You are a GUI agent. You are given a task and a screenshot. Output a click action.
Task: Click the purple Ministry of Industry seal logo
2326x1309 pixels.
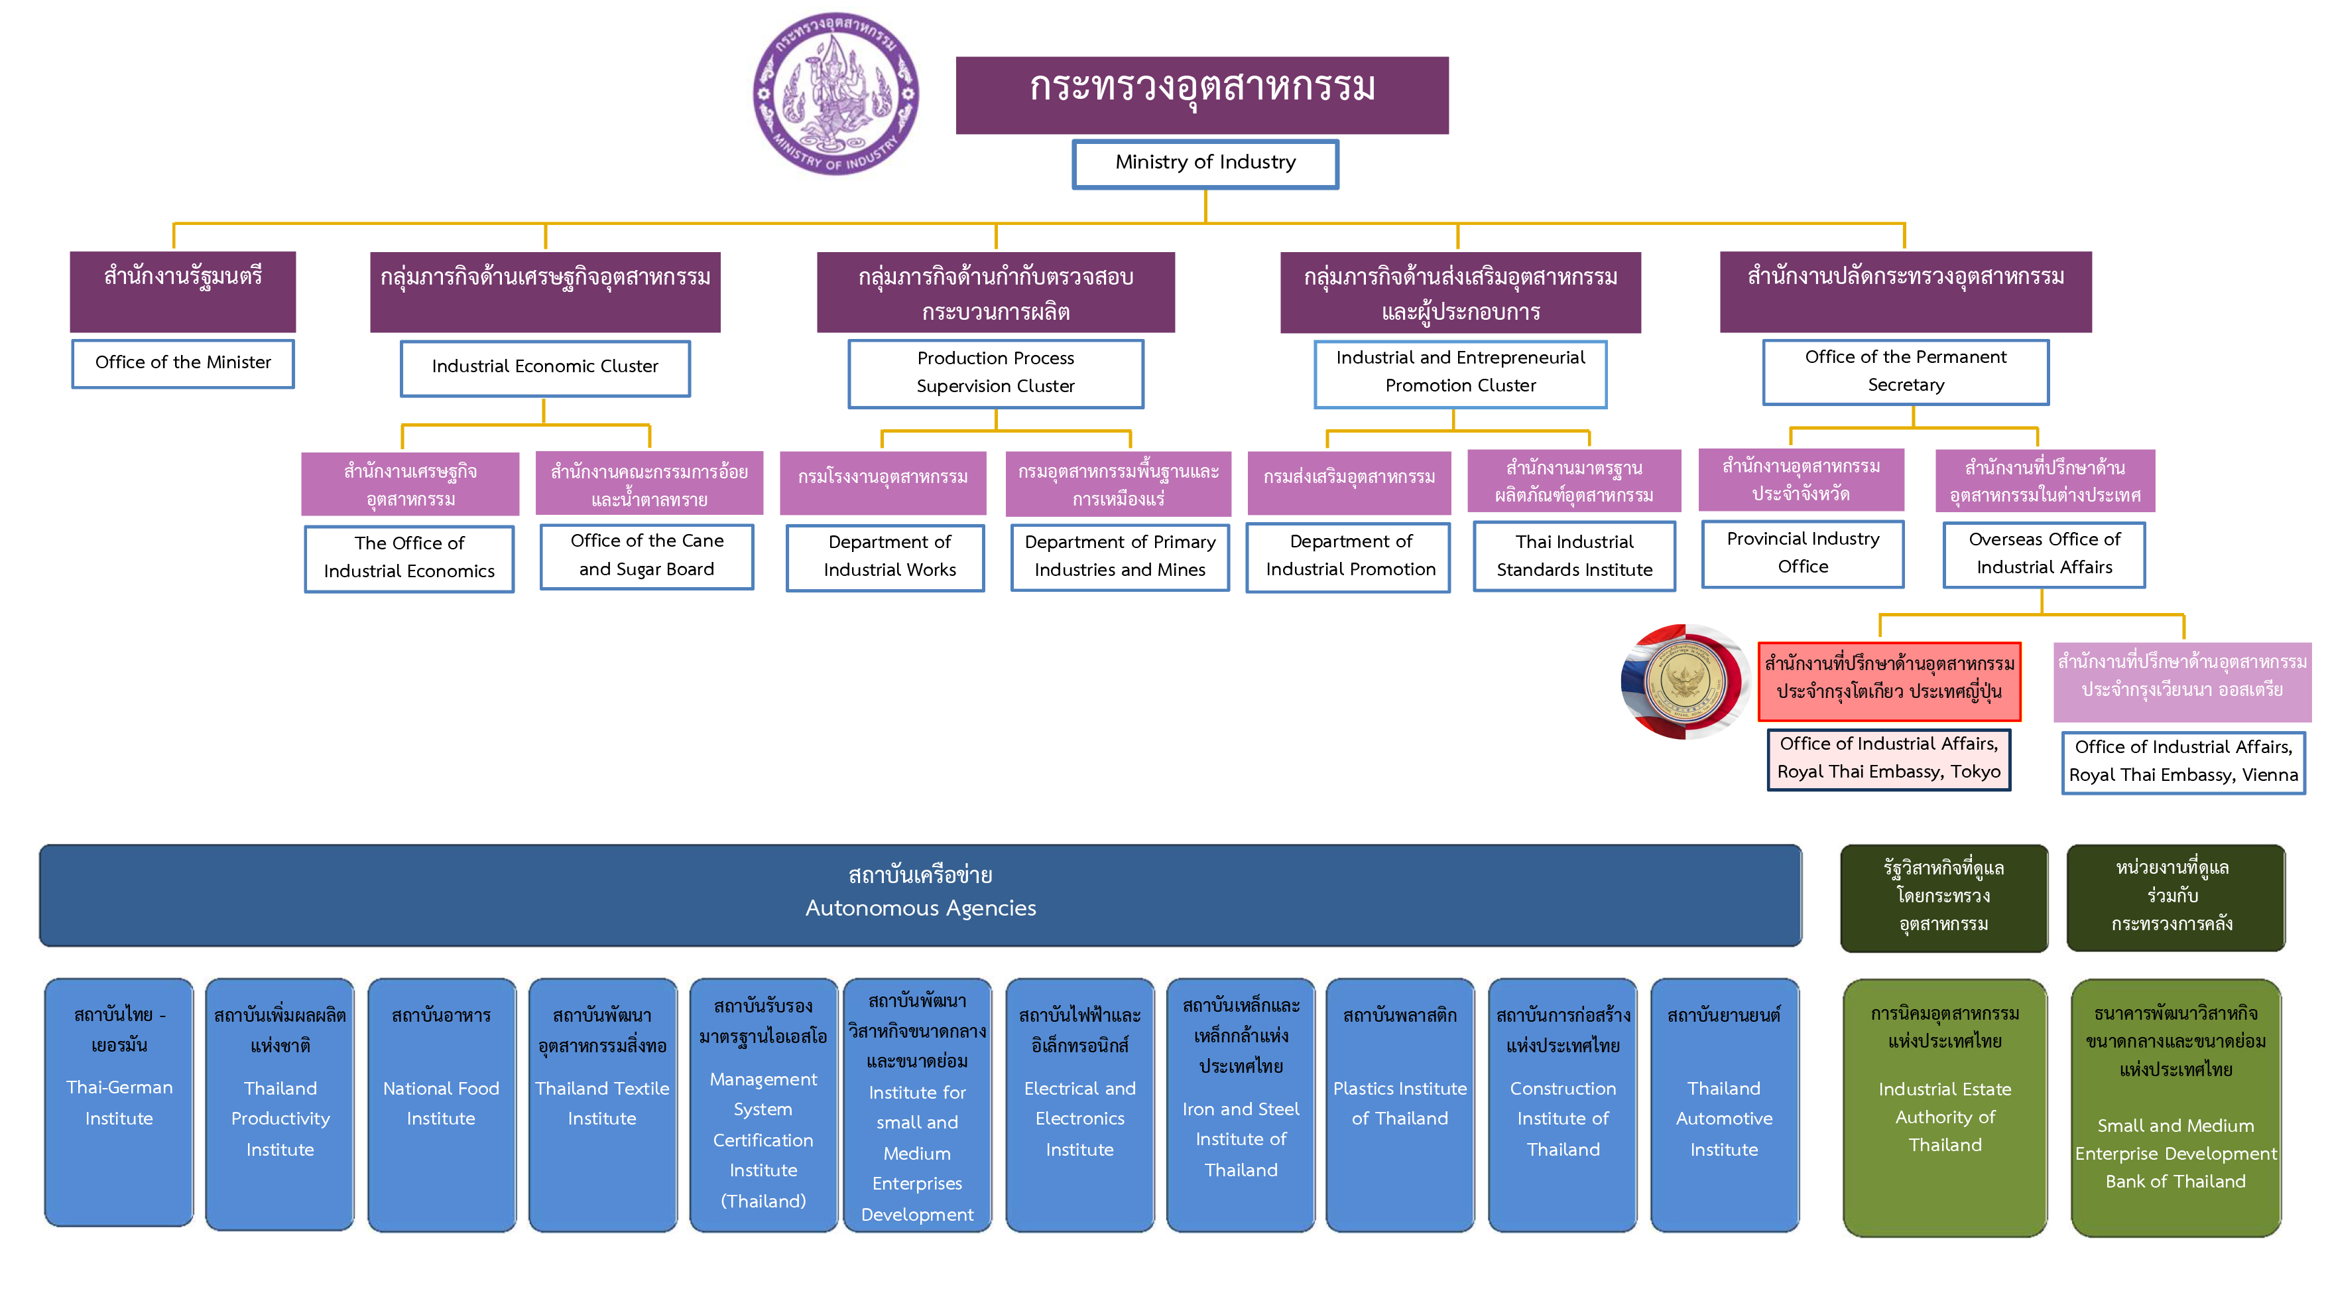(x=835, y=93)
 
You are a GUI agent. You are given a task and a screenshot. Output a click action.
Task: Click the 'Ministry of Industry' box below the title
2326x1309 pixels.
(x=1205, y=163)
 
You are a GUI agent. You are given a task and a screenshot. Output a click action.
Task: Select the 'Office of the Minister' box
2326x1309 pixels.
(x=182, y=363)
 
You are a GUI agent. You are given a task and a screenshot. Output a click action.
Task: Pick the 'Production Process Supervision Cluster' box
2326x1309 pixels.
(x=995, y=372)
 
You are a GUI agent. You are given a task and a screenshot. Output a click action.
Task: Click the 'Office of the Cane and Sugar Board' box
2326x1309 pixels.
(x=646, y=555)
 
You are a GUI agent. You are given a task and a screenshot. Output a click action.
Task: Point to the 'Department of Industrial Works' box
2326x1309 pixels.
(x=885, y=557)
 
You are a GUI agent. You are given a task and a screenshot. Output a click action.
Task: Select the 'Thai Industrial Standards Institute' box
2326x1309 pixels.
(x=1574, y=555)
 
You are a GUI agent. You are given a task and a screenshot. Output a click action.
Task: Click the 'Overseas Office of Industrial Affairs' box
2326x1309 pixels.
(x=2044, y=554)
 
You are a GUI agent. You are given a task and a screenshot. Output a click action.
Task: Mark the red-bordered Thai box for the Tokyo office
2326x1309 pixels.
(x=1888, y=679)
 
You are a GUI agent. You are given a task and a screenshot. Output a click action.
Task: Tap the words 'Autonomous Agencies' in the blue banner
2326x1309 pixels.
(x=920, y=908)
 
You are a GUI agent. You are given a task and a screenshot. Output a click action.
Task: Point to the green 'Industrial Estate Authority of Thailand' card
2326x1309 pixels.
(x=1944, y=1107)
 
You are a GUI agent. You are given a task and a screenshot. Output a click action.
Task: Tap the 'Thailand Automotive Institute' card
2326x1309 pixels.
(x=1724, y=1104)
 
